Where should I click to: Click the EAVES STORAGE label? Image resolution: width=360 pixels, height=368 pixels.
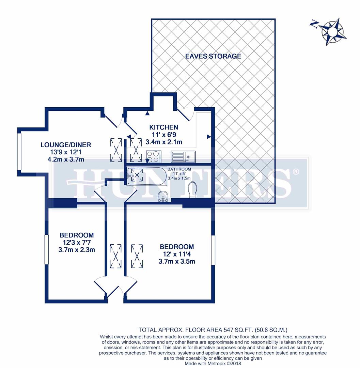[x=213, y=56]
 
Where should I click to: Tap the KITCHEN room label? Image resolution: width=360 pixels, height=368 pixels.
[x=163, y=127]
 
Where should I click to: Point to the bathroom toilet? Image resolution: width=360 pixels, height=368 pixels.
[x=192, y=189]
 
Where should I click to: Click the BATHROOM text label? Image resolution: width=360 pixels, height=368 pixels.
[x=179, y=169]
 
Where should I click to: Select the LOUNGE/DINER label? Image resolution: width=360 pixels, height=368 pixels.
[x=66, y=145]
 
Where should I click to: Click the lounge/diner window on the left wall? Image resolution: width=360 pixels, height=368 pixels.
[x=19, y=151]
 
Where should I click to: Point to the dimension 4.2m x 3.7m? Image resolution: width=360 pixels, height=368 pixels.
[x=66, y=159]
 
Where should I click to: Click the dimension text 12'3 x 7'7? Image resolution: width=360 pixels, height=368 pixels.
[x=77, y=242]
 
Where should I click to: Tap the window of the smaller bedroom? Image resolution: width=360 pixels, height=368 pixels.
[x=46, y=249]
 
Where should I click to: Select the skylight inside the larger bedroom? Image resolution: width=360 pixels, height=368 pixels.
[x=137, y=256]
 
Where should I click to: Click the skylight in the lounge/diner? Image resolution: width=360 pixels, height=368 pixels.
[x=116, y=150]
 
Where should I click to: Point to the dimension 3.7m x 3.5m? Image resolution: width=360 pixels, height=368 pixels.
[x=177, y=261]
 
